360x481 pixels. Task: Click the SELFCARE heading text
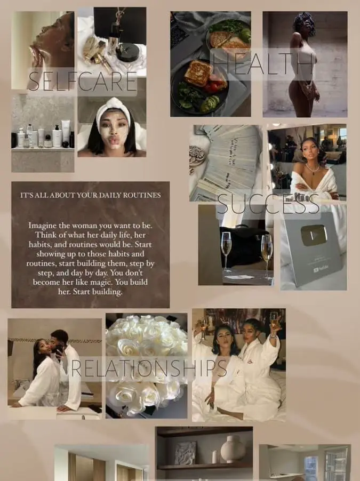coord(82,81)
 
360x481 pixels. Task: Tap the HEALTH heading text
coord(263,64)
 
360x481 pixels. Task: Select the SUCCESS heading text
coord(268,204)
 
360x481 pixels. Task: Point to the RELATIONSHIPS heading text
coord(149,368)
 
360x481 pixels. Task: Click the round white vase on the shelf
coord(233,449)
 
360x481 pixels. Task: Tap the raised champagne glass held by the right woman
coord(274,320)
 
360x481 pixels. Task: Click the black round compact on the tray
coord(127,52)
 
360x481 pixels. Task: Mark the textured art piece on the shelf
coord(186,453)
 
